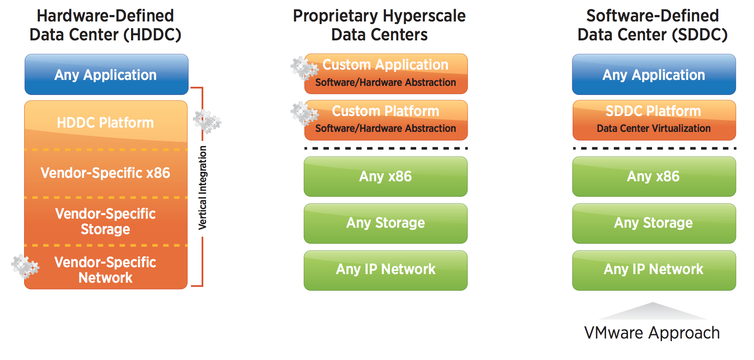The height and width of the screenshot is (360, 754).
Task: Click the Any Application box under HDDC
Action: click(x=107, y=74)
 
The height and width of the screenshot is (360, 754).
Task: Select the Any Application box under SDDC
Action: click(x=654, y=74)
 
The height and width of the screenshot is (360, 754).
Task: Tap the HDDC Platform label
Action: click(x=105, y=123)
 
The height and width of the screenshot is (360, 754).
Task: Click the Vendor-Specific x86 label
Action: click(x=105, y=173)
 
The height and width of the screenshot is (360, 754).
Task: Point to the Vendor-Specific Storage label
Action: click(x=105, y=221)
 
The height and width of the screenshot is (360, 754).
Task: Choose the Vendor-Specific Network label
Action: click(x=105, y=270)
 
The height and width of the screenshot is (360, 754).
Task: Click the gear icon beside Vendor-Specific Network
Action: click(x=25, y=266)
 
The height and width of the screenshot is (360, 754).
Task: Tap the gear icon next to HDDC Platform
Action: click(x=207, y=122)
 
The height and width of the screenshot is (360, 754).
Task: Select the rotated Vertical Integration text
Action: click(x=202, y=188)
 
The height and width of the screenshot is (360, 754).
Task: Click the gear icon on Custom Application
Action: click(x=304, y=68)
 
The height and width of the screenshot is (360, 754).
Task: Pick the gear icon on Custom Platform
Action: click(x=304, y=113)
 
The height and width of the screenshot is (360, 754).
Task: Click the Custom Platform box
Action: click(x=386, y=120)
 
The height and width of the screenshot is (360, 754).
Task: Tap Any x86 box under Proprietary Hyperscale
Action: click(x=386, y=177)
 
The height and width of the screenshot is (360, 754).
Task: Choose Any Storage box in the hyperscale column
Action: click(x=386, y=223)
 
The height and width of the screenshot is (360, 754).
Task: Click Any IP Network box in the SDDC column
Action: click(x=654, y=270)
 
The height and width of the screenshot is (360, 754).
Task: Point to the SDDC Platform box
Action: click(x=654, y=120)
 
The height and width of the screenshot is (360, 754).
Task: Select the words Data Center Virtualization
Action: click(x=653, y=128)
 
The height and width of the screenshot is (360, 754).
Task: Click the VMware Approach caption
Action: click(x=652, y=333)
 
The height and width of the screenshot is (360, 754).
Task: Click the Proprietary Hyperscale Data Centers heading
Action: click(x=379, y=25)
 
